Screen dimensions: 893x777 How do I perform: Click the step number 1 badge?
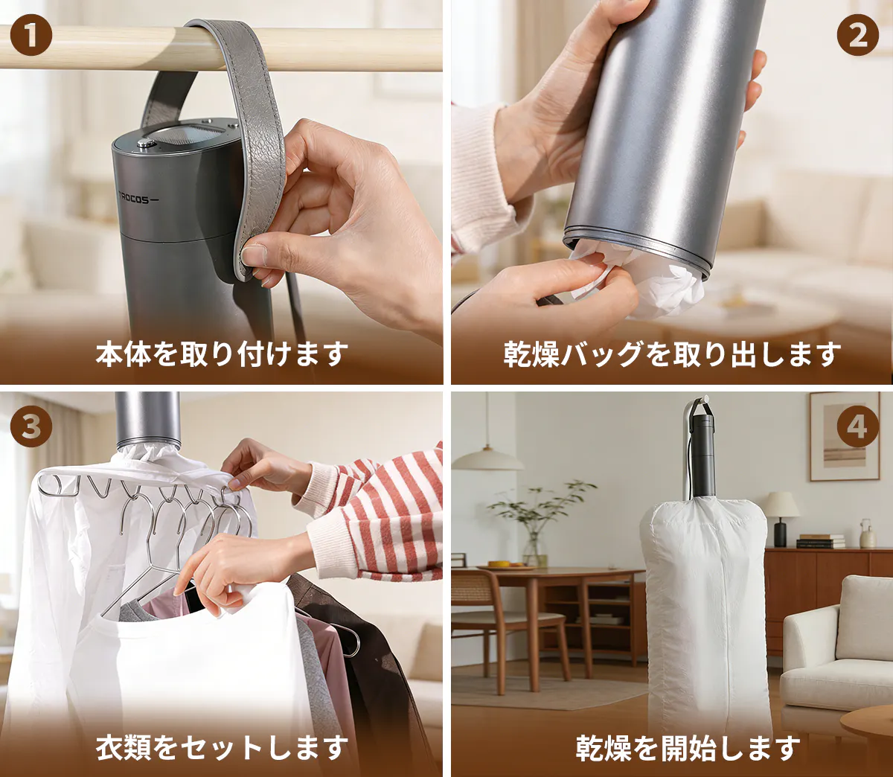pos(31,36)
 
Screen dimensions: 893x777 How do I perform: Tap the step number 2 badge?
pos(857,36)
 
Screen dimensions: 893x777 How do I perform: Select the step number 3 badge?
pos(31,426)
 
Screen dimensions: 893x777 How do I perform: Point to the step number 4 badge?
pos(857,426)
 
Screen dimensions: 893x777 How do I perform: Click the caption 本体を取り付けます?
pos(222,354)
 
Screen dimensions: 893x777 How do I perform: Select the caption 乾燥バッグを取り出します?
pos(672,354)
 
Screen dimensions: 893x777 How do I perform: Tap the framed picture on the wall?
pos(845,437)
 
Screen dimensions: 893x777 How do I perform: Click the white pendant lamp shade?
pos(487,460)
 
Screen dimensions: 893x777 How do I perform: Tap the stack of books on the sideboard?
pos(820,541)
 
